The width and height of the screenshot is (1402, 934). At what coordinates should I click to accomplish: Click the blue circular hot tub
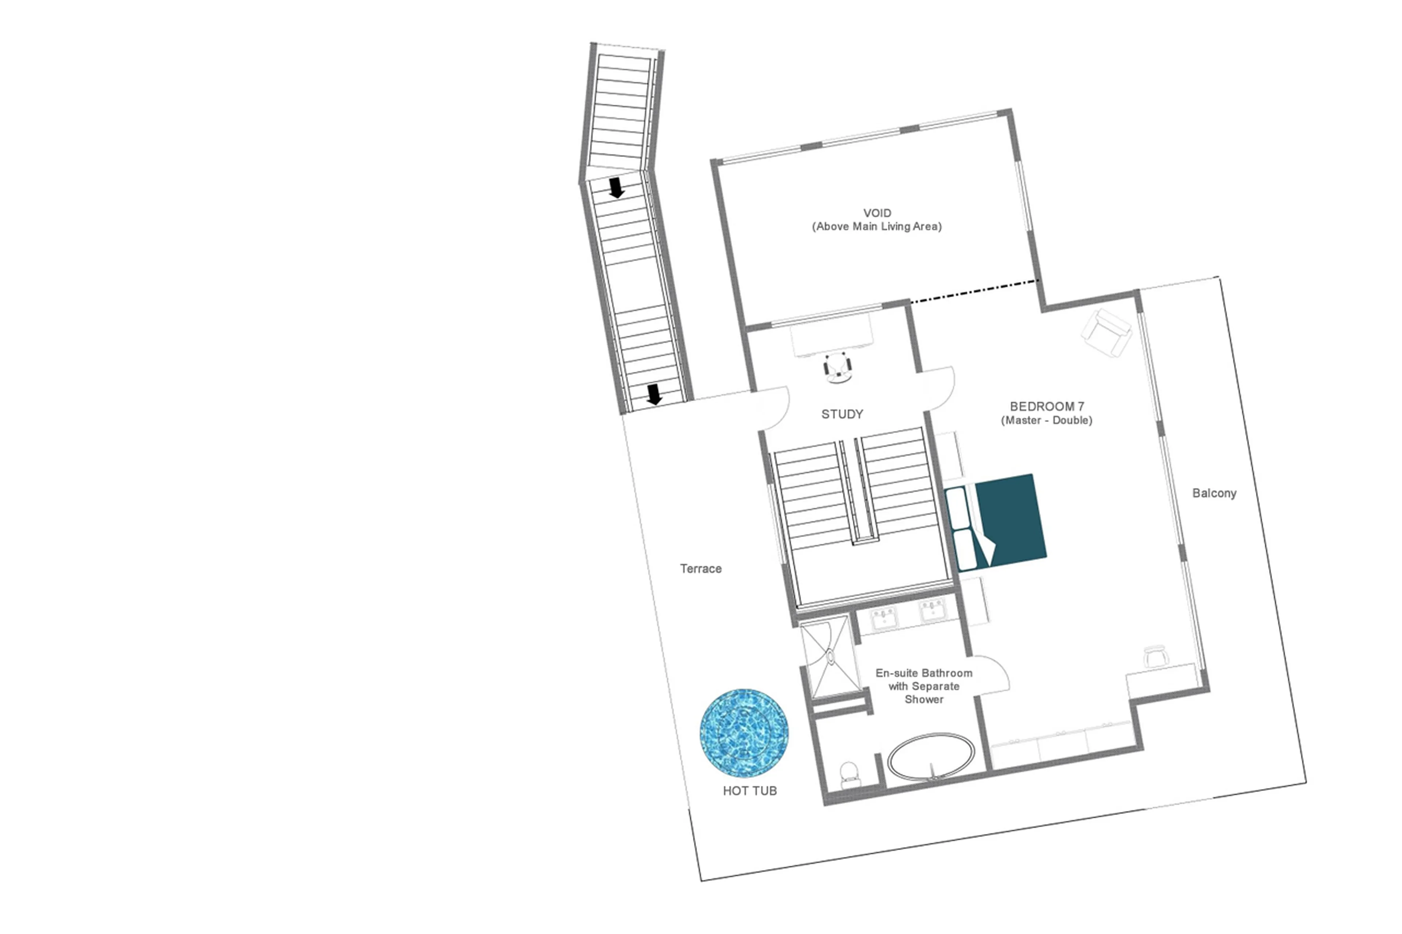744,733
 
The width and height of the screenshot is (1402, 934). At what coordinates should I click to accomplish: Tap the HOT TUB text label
750,791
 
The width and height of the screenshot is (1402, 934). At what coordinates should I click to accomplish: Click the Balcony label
1214,493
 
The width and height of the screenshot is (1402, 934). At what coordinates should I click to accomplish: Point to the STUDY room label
842,414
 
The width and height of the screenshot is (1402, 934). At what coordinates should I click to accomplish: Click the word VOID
877,213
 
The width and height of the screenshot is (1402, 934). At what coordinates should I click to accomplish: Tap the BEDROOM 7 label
1046,406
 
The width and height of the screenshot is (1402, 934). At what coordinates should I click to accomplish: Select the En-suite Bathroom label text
924,673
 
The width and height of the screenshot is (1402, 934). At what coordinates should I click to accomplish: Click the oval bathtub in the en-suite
931,757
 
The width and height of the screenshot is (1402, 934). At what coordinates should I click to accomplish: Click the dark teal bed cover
1010,515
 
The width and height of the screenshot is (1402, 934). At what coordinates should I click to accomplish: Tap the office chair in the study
838,367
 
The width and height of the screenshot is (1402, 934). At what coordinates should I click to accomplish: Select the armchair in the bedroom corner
1107,333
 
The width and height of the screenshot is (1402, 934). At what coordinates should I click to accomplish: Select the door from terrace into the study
773,408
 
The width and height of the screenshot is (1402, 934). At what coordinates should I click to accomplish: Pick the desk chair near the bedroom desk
1156,656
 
